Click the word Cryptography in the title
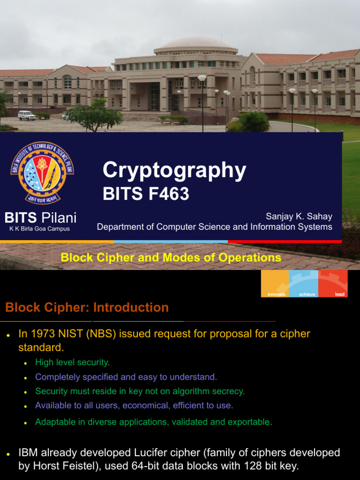tap(174, 170)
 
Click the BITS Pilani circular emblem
tap(42, 172)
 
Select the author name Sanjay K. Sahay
tap(299, 216)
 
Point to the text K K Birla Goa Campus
tap(39, 229)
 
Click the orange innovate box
tap(275, 284)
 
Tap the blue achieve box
tap(304, 284)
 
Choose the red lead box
tap(333, 284)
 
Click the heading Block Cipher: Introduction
tap(87, 307)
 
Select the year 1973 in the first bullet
tap(40, 334)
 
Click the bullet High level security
tap(72, 362)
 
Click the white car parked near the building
tap(26, 115)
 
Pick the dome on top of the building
tap(196, 44)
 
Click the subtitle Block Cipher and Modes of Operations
tap(171, 257)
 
